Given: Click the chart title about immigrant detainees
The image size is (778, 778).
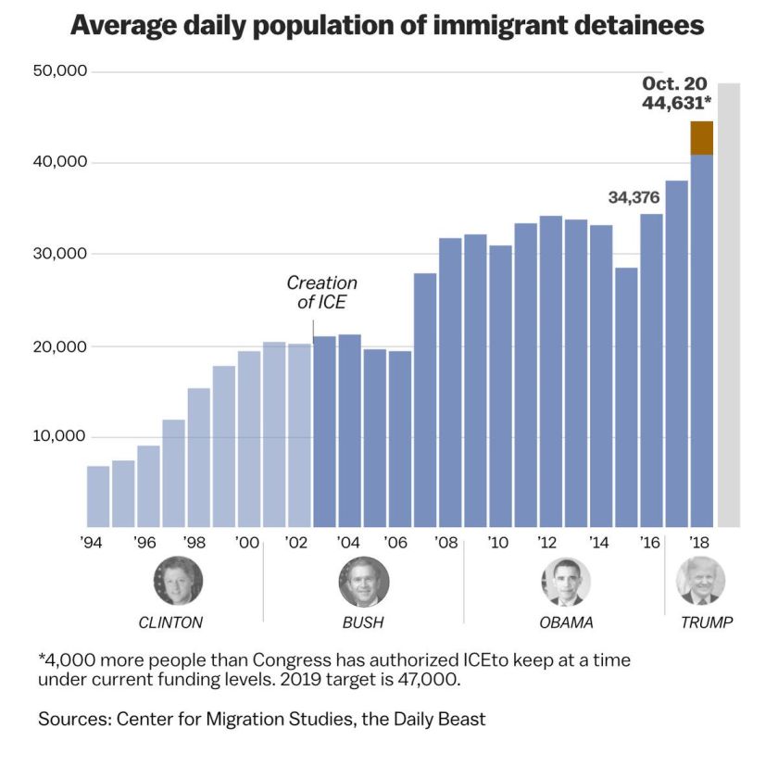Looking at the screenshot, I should click(x=387, y=26).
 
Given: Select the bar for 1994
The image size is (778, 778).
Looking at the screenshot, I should click(x=98, y=496).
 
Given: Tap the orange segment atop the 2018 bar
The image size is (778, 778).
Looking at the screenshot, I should click(x=702, y=138).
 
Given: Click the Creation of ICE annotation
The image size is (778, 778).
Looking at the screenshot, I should click(x=321, y=293).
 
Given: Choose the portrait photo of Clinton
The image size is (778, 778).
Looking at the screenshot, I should click(x=178, y=582).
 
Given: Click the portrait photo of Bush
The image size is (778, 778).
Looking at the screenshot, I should click(x=363, y=582).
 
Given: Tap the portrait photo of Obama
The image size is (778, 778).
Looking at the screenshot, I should click(x=566, y=582).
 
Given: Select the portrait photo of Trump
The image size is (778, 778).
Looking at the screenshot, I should click(x=700, y=582).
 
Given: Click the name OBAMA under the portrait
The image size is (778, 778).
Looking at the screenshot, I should click(x=566, y=622).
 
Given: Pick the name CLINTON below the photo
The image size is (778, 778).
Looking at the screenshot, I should click(x=170, y=622).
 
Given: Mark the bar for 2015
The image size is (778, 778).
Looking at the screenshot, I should click(x=627, y=397).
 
